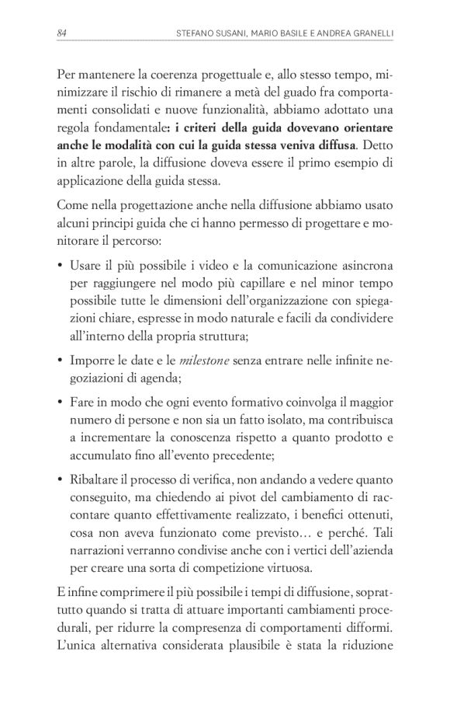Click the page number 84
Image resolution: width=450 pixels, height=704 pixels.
(62, 33)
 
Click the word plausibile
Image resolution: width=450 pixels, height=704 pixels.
(261, 647)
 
